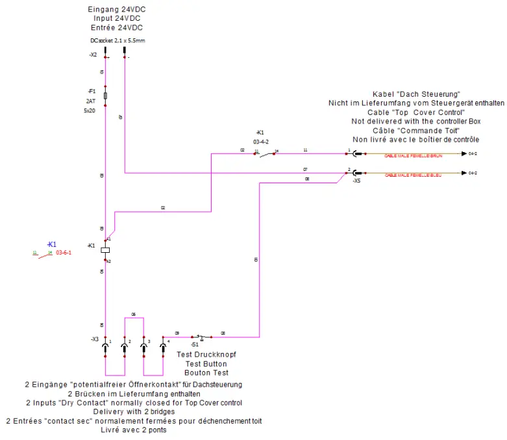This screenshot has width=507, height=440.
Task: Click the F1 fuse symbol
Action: pos(106,96)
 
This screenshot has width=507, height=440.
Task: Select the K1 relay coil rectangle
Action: pos(106,250)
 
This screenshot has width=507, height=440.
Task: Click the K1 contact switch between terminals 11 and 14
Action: pos(266,153)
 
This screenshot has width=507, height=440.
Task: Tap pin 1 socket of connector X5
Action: pos(355,154)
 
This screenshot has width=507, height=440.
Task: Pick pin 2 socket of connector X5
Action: pos(355,173)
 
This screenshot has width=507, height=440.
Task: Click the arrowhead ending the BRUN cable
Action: pos(463,154)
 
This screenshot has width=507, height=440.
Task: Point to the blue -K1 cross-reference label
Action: pos(52,244)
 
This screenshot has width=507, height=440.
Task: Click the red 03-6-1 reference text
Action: pos(63,253)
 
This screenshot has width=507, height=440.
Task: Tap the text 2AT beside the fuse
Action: pos(90,101)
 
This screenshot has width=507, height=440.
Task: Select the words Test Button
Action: pos(207,364)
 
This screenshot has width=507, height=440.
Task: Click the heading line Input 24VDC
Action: pos(116,19)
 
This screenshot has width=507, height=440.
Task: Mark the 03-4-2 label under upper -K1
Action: pos(261,141)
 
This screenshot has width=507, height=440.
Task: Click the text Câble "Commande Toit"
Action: pos(415,130)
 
